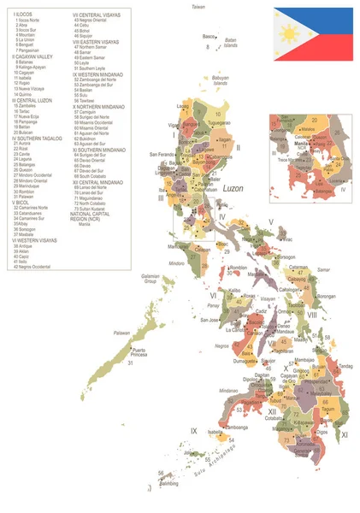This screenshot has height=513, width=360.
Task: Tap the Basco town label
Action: click(x=210, y=37)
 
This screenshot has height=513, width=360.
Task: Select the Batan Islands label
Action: click(x=229, y=43)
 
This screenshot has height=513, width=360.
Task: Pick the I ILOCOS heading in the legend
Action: click(x=24, y=14)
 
